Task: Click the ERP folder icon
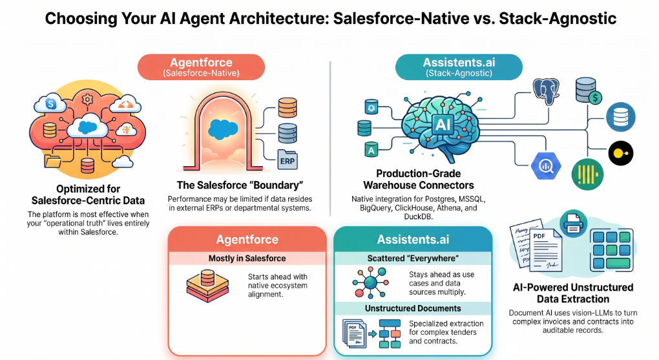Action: tap(288, 160)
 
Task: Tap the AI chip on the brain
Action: tap(443, 125)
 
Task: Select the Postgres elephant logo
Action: tap(546, 91)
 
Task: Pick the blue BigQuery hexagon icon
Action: tap(546, 166)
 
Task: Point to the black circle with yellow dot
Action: tap(621, 153)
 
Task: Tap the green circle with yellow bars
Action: tap(587, 174)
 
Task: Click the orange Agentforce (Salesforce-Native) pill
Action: tap(201, 67)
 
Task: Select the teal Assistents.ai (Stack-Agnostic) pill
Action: tap(459, 67)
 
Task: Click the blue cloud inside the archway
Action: tap(223, 129)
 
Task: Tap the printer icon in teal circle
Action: tap(574, 224)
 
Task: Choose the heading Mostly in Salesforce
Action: tap(247, 259)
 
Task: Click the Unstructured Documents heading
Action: tap(413, 308)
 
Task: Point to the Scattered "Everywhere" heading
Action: tap(413, 259)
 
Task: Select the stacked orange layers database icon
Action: tap(207, 286)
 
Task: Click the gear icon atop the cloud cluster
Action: tap(87, 100)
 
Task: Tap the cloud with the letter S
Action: tap(50, 103)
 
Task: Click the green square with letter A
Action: tap(371, 149)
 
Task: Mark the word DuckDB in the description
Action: tap(418, 217)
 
